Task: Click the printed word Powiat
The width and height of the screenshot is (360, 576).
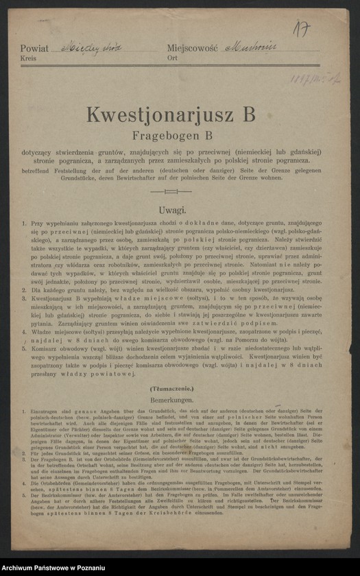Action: click(x=34, y=49)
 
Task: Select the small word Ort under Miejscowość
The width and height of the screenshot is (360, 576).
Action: click(x=171, y=59)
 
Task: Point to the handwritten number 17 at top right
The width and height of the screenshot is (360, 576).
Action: click(x=300, y=29)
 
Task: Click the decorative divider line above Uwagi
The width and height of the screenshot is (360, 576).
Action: click(x=180, y=191)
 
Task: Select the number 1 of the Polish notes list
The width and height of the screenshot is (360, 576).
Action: click(x=24, y=224)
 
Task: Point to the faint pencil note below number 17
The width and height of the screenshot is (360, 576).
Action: click(x=314, y=80)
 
